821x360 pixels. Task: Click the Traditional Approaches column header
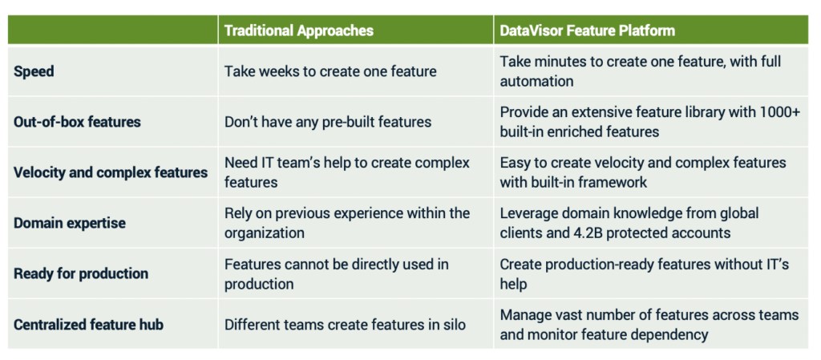pos(299,30)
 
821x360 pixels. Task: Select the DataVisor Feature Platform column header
pos(588,30)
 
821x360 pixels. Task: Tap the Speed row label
pos(34,71)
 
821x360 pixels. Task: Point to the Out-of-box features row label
pos(78,122)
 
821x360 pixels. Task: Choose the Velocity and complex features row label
pos(111,172)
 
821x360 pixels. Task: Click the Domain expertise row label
pos(70,224)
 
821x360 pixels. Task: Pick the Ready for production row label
pos(81,273)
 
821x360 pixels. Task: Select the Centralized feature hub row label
pos(88,325)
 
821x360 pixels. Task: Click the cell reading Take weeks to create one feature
pos(330,71)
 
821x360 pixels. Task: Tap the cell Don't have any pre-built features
pos(328,122)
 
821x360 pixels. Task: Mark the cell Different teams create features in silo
pos(345,325)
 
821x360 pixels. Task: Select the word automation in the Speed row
pos(536,82)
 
